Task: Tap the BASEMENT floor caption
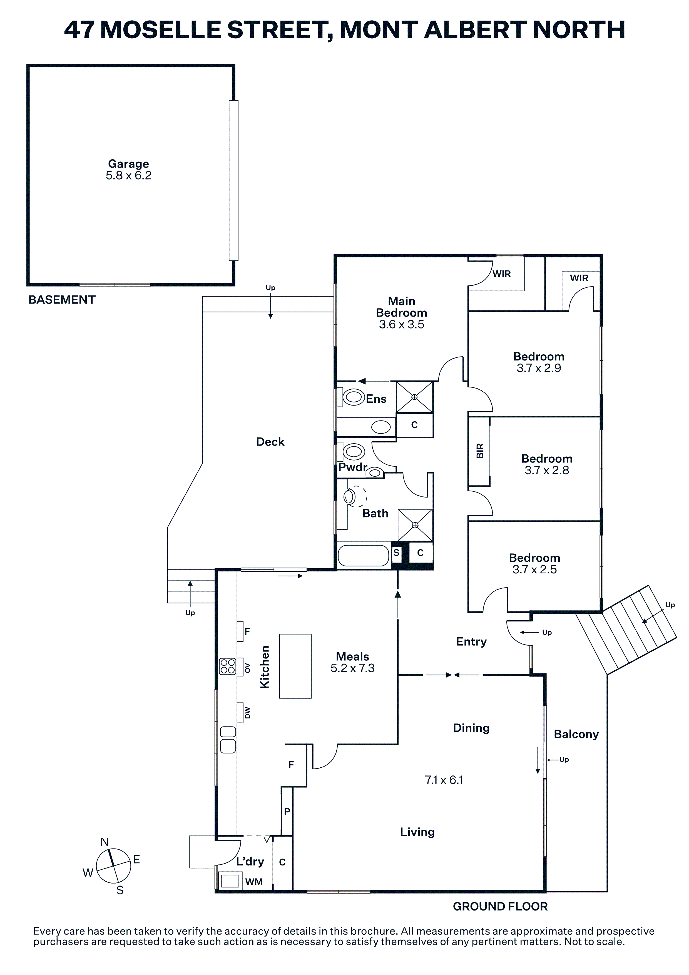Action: [62, 300]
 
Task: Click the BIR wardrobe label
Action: [480, 451]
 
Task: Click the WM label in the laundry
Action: [254, 882]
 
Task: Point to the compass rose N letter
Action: [105, 842]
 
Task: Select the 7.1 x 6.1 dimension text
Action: [444, 780]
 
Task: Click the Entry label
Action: [471, 642]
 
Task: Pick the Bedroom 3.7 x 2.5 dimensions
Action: [534, 569]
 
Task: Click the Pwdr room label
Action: [353, 467]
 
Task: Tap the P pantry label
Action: [287, 812]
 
